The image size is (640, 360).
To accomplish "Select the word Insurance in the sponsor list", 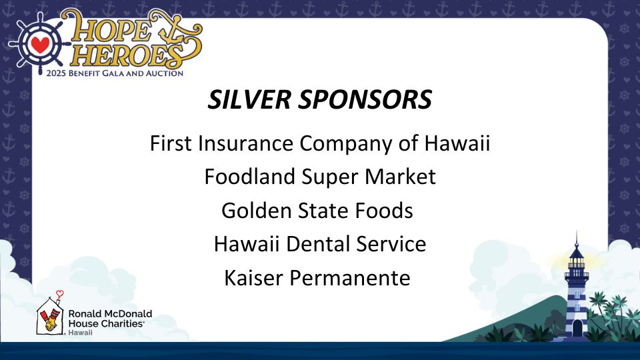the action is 246,143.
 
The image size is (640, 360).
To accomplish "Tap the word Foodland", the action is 249,177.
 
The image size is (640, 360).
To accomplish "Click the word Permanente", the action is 350,278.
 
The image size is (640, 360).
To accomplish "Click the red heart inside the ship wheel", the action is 40,44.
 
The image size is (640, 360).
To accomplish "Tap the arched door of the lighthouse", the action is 577,328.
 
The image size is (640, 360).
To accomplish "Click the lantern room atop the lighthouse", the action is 576,257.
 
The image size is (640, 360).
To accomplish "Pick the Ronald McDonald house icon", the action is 50,315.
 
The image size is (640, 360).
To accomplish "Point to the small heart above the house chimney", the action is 59,293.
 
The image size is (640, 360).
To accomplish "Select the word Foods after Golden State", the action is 384,211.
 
